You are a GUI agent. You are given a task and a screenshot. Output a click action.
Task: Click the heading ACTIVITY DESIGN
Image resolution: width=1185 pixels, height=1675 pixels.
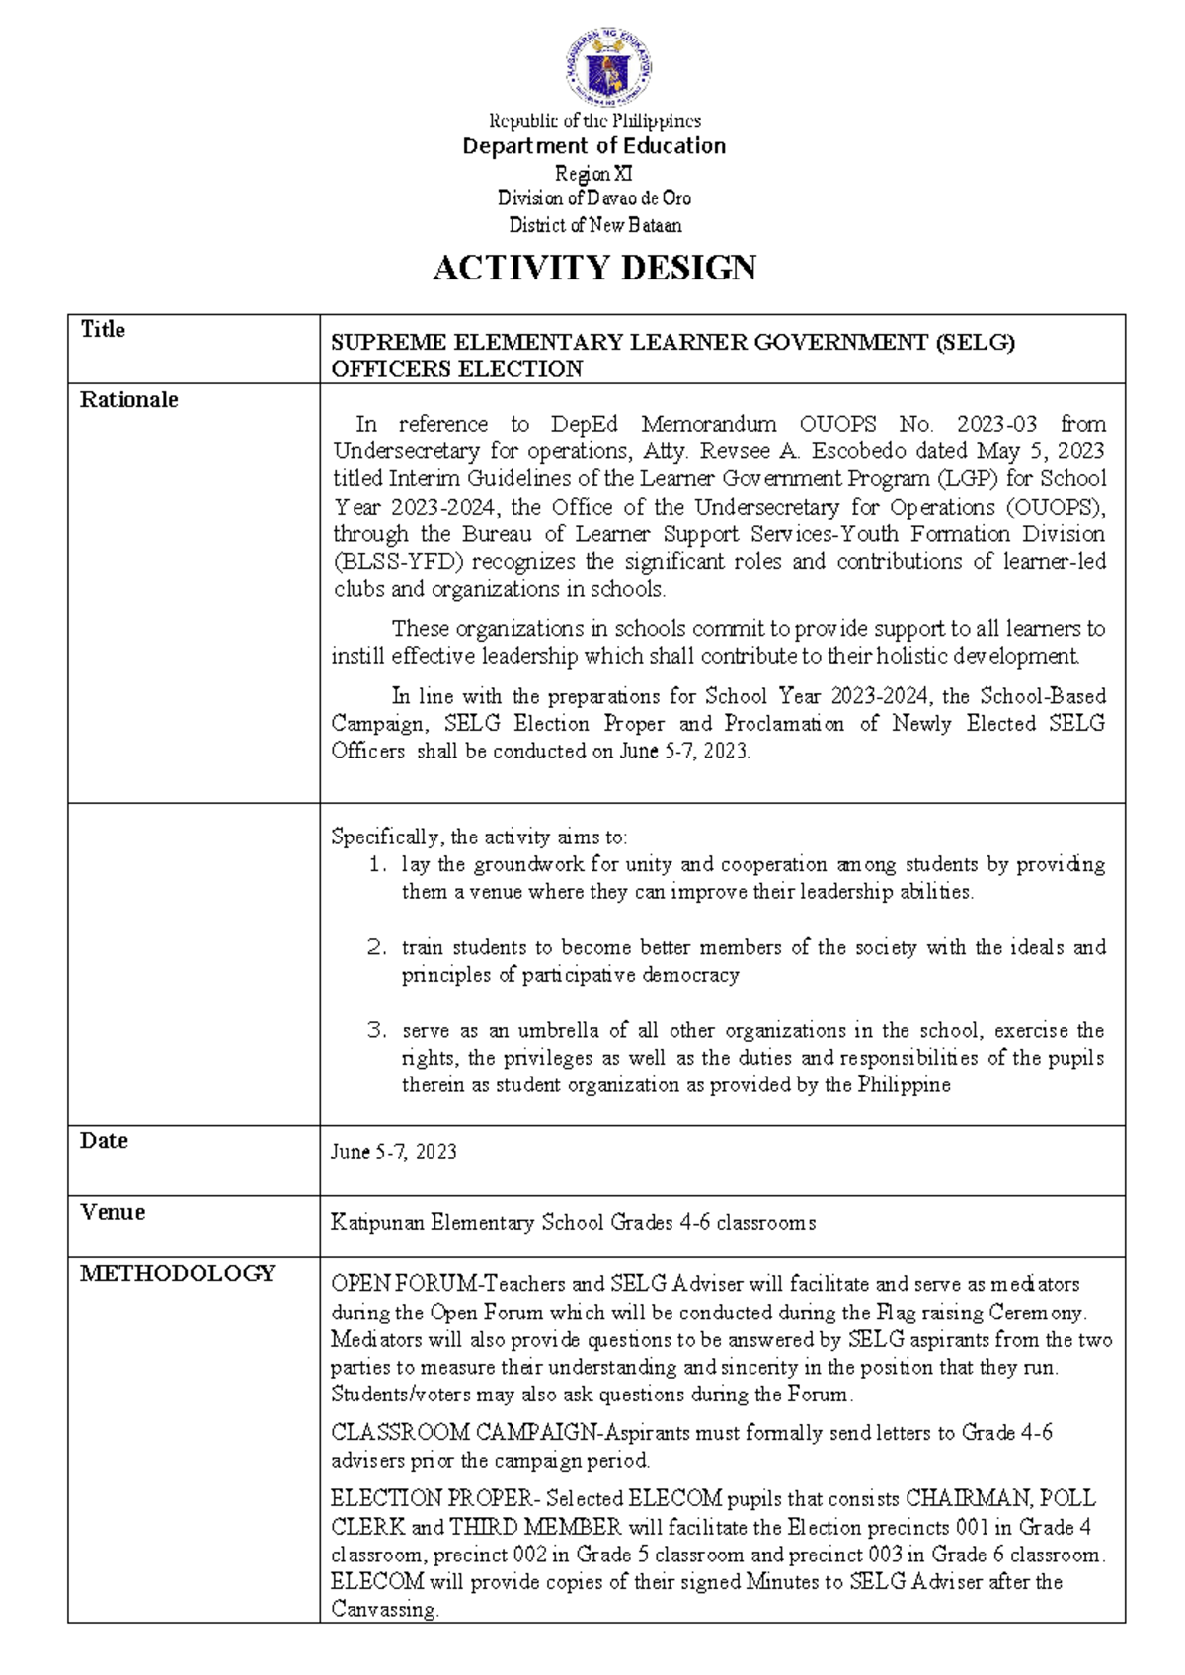click(594, 268)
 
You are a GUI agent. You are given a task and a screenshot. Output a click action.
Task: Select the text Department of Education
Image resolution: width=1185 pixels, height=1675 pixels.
click(594, 146)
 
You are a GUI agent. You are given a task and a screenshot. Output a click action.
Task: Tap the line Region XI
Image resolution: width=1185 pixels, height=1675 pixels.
click(593, 173)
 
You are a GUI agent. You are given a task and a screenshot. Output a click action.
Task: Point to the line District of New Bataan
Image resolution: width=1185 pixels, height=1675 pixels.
click(594, 225)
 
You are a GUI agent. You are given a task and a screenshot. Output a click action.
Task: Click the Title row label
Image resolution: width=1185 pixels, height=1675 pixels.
click(103, 330)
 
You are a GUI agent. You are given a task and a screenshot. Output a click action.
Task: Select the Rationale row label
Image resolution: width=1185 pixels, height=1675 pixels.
click(129, 400)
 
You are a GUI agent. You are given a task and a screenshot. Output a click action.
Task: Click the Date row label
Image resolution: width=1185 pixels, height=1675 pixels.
click(104, 1141)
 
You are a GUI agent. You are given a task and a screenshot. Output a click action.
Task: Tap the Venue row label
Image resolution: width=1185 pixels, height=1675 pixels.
click(113, 1212)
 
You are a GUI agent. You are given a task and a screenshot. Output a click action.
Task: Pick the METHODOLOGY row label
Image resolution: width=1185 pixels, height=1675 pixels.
click(178, 1274)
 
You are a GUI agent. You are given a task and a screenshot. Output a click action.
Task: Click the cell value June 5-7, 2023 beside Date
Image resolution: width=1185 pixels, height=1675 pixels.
click(393, 1152)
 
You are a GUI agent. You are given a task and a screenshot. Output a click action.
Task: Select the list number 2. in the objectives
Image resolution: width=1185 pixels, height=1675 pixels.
click(376, 947)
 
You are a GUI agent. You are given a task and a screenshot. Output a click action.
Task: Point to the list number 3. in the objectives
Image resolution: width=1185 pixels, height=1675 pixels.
click(376, 1030)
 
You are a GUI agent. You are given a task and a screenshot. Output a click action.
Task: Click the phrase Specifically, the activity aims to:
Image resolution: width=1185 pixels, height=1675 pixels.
click(479, 837)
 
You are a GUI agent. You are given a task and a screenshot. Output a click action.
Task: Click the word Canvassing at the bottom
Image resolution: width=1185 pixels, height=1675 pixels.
click(383, 1609)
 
